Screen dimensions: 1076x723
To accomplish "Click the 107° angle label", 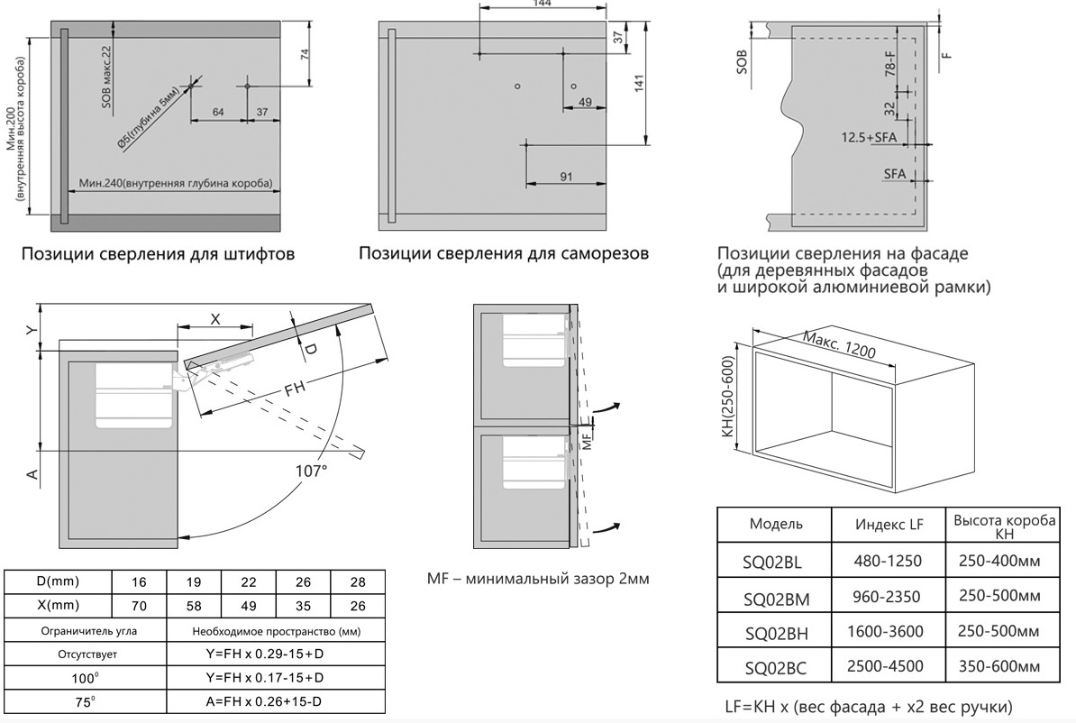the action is pyautogui.click(x=311, y=471).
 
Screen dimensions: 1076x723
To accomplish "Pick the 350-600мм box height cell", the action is pyautogui.click(x=999, y=666).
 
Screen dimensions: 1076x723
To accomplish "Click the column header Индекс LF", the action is pyautogui.click(x=889, y=525).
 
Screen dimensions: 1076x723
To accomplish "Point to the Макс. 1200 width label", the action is pyautogui.click(x=839, y=344).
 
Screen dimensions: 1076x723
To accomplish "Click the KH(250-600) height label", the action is pyautogui.click(x=728, y=396).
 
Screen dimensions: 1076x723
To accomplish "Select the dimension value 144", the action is pyautogui.click(x=543, y=4).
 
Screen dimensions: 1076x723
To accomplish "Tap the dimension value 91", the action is pyautogui.click(x=566, y=177).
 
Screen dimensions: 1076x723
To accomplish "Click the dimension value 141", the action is pyautogui.click(x=640, y=83).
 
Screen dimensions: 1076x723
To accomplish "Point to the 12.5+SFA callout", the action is pyautogui.click(x=869, y=137).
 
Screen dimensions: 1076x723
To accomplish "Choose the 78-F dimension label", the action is pyautogui.click(x=890, y=63).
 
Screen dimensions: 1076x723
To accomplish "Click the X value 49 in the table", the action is pyautogui.click(x=249, y=606).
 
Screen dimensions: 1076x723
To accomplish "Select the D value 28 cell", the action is pyautogui.click(x=358, y=582).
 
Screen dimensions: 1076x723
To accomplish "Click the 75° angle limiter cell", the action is pyautogui.click(x=85, y=701).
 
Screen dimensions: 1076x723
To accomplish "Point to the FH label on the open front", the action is pyautogui.click(x=296, y=390).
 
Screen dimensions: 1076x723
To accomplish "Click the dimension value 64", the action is pyautogui.click(x=217, y=112).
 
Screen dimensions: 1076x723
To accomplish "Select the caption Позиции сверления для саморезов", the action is pyautogui.click(x=504, y=253).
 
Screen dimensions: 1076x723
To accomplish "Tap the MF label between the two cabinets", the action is pyautogui.click(x=587, y=439).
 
